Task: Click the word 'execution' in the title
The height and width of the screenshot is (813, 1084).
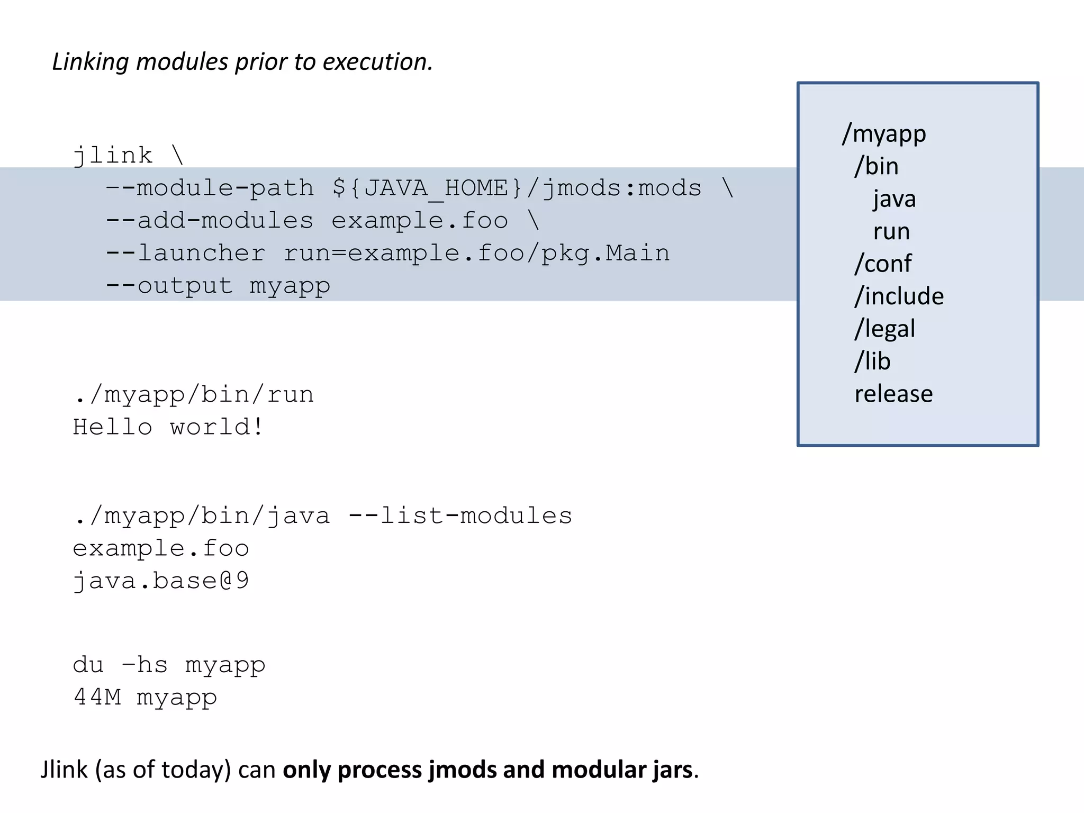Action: (377, 62)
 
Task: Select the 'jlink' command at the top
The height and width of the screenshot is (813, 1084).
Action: (113, 156)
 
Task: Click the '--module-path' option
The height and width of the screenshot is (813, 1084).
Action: (210, 188)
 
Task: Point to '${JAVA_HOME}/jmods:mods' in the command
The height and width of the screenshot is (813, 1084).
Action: (517, 188)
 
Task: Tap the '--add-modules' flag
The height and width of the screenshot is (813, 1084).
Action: (210, 221)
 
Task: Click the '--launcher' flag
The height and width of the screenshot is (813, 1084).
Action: (186, 253)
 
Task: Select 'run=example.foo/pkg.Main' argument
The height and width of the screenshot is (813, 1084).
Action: (476, 253)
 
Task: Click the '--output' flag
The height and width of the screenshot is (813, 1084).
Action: (169, 286)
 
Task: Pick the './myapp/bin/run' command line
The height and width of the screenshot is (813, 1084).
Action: (194, 395)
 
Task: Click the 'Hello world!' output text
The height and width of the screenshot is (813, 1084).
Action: (168, 427)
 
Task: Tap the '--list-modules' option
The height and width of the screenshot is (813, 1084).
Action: (460, 516)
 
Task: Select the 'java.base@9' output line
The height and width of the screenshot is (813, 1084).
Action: (161, 581)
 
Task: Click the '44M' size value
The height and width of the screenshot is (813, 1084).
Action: (97, 697)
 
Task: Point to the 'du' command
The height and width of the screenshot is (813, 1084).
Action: (88, 665)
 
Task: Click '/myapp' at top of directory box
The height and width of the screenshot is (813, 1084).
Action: (884, 134)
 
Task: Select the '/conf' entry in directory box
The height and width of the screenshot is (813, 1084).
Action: (883, 264)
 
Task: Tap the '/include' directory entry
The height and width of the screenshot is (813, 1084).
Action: (899, 296)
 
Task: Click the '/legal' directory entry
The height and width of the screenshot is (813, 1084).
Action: (884, 329)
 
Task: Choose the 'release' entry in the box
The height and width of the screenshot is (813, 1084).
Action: (893, 394)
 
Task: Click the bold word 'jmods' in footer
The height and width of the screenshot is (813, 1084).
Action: (460, 770)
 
